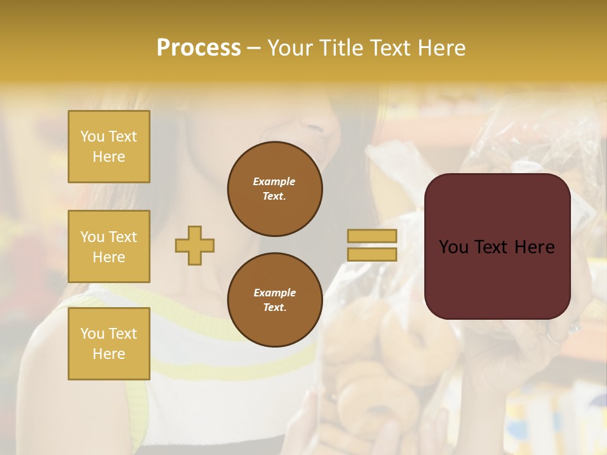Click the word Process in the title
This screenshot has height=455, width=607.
point(199,48)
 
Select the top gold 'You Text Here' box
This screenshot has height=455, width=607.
point(109,147)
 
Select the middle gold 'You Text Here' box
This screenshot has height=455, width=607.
point(109,246)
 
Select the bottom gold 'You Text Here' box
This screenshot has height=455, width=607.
point(109,343)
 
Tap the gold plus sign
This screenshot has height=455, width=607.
point(195,245)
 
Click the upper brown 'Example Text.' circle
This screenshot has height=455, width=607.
point(275,188)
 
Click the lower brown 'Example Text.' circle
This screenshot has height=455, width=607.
point(275,300)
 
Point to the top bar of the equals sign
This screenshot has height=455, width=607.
point(372,236)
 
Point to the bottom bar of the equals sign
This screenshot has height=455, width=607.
point(372,254)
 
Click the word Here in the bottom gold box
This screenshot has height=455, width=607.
point(109,354)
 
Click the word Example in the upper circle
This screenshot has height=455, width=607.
point(274,181)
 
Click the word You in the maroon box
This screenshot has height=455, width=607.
point(453,247)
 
